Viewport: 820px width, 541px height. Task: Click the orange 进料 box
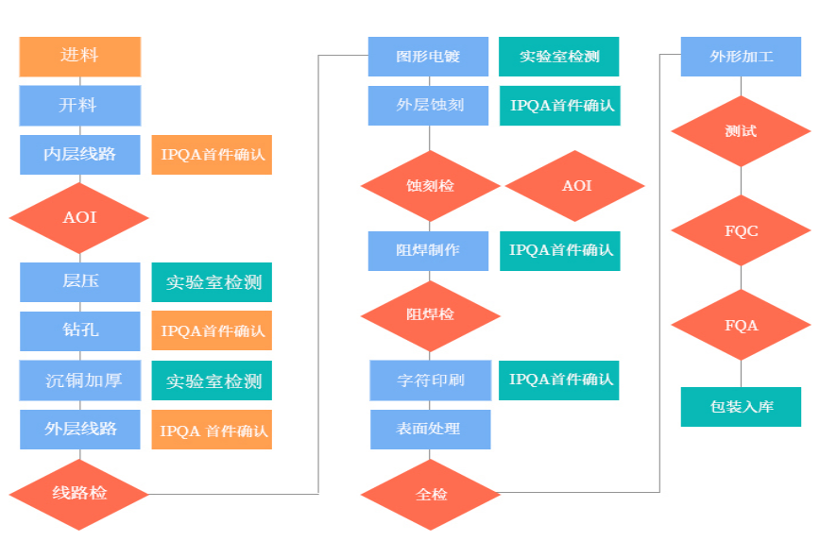(79, 57)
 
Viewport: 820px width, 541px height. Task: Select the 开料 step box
(79, 105)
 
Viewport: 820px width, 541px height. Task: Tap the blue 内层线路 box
(79, 154)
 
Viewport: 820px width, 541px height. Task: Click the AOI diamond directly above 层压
(79, 218)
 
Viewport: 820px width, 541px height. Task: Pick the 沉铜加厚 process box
(79, 380)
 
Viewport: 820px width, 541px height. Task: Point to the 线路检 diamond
(79, 493)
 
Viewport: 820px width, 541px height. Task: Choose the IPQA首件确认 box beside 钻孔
(212, 331)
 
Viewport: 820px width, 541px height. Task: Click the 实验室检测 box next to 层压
(212, 282)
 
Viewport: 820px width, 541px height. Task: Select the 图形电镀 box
(428, 57)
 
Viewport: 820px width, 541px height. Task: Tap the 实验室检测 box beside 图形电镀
(558, 57)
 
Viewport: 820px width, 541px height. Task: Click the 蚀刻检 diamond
(430, 186)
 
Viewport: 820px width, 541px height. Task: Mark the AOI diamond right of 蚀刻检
(575, 186)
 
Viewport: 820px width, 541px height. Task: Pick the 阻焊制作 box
(428, 250)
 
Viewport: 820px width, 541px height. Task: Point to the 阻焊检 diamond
(430, 314)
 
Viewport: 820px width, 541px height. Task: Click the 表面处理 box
(430, 429)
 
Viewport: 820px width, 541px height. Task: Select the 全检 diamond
(431, 494)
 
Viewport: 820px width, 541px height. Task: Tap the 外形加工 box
(741, 57)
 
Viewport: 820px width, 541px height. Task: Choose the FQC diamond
(741, 231)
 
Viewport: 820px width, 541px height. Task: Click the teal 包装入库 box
(741, 407)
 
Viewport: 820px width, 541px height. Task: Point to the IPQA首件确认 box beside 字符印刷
(559, 380)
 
